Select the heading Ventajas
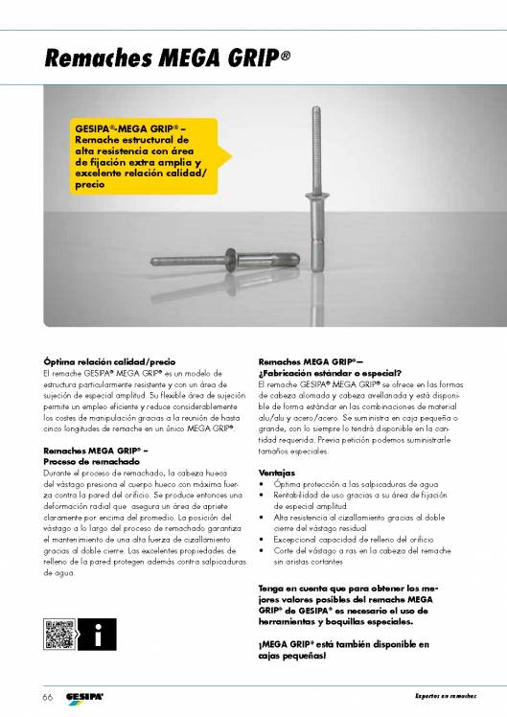[277, 473]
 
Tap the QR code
[58, 634]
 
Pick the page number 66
[46, 695]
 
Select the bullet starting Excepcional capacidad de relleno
[355, 539]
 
